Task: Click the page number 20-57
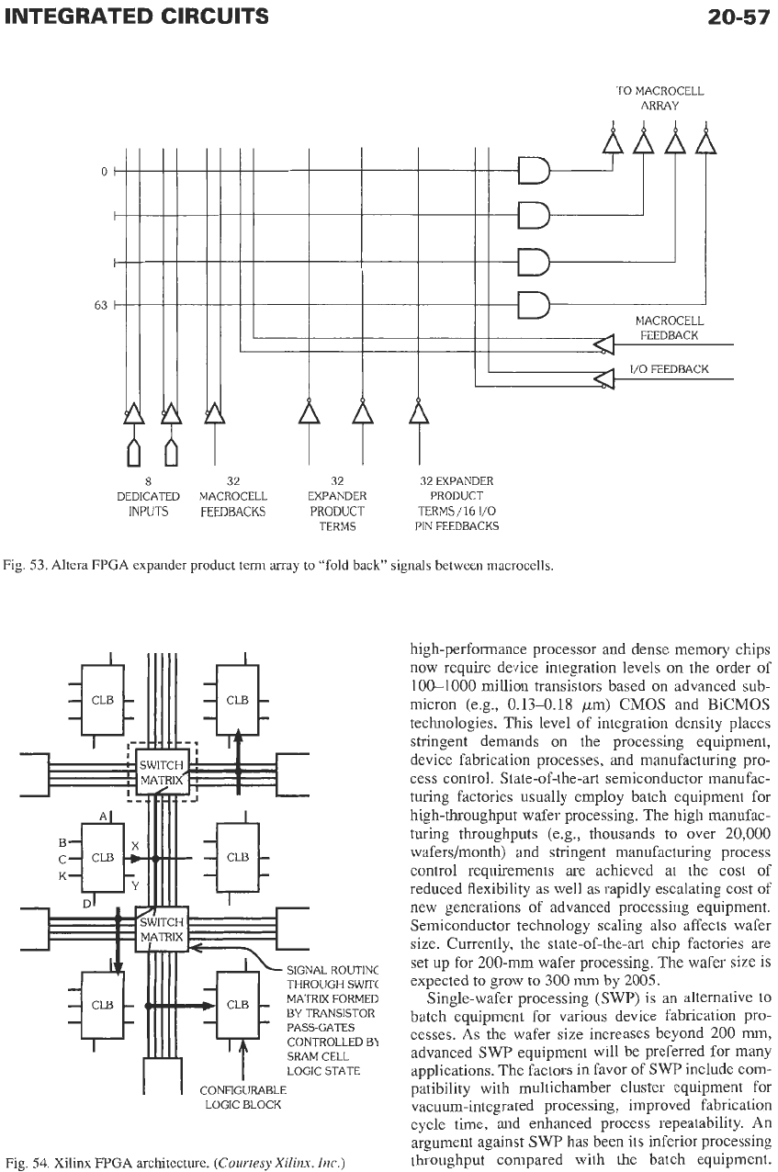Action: tap(739, 17)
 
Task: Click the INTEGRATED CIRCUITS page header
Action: tap(137, 17)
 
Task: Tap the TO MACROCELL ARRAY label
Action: tap(660, 98)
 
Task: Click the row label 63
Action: tap(100, 305)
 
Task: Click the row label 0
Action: tap(104, 171)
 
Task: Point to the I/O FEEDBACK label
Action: tap(669, 369)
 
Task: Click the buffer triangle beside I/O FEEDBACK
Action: tap(603, 378)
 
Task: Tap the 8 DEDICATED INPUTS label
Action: tap(148, 496)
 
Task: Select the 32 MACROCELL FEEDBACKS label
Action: tap(232, 496)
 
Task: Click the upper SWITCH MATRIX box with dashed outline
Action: tap(163, 772)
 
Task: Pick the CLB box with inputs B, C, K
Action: tap(103, 858)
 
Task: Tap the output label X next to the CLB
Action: tap(135, 846)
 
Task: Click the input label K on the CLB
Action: tap(62, 876)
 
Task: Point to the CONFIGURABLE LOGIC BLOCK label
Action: tap(243, 1098)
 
